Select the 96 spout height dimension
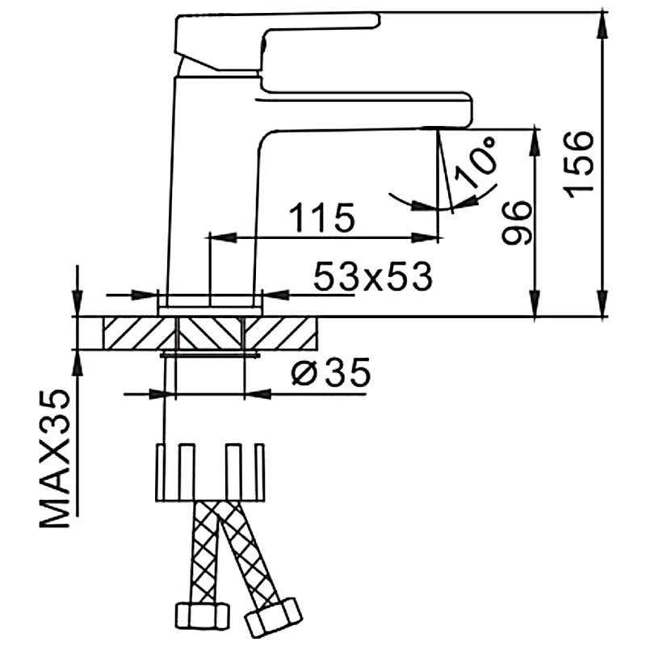(514, 223)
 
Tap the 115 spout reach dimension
(321, 218)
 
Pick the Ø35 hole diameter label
(329, 373)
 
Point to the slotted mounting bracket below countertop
(211, 472)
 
